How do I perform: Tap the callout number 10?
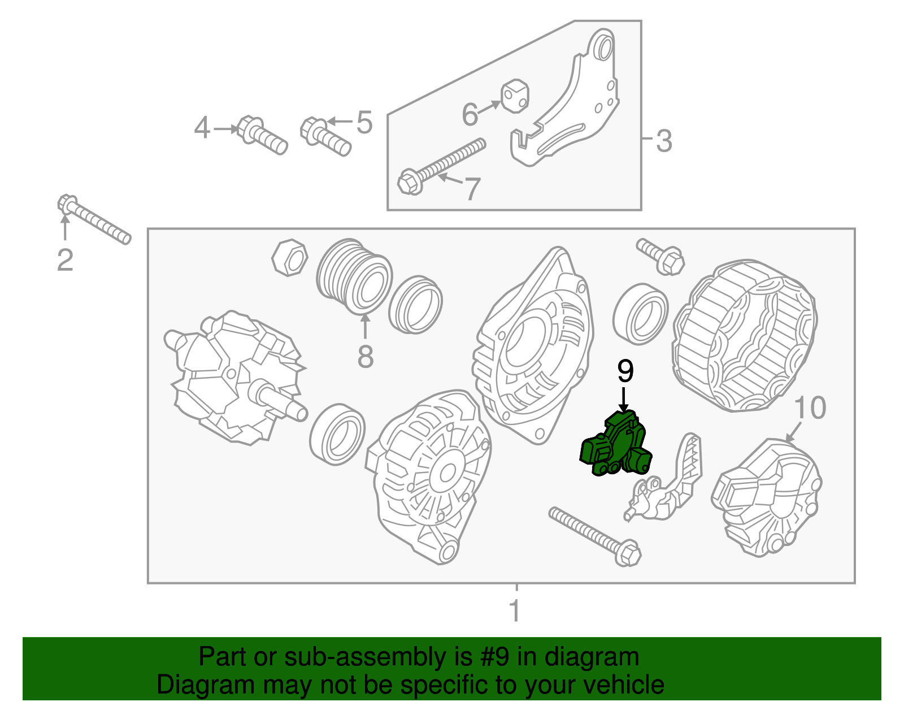810,408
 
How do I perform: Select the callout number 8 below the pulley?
365,356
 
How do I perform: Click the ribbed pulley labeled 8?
354,276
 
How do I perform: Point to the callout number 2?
66,260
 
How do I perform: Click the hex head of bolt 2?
67,204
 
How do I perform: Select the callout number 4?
202,128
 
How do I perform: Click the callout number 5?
364,123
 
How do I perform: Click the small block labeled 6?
515,96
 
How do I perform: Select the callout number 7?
472,189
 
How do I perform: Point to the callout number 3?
664,141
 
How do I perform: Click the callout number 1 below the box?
515,610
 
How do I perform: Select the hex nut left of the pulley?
290,258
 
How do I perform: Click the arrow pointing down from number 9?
623,400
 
